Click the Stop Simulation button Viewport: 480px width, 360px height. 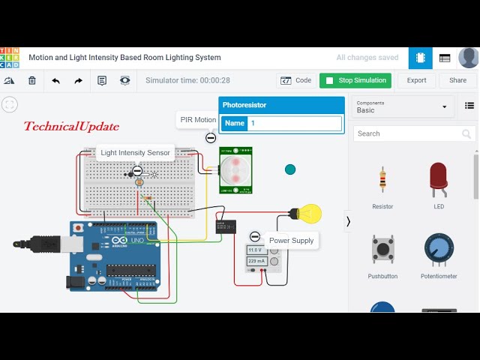[x=355, y=80]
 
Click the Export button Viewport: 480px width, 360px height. [x=416, y=80]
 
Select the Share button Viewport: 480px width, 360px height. [x=457, y=80]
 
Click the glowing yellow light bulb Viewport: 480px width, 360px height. [x=307, y=214]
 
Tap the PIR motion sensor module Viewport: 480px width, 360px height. [x=235, y=169]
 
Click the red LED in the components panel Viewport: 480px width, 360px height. [x=439, y=180]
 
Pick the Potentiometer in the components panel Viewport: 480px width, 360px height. [x=439, y=250]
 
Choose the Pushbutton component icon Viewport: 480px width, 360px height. [x=383, y=250]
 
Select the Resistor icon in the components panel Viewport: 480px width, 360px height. [x=383, y=180]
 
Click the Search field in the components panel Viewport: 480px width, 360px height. [x=409, y=133]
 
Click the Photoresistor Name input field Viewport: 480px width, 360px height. [x=294, y=123]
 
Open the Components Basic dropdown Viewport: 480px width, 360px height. [x=402, y=106]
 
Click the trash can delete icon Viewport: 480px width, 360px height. [x=31, y=80]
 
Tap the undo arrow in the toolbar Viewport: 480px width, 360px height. [x=55, y=80]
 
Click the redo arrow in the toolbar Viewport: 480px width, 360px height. [x=78, y=80]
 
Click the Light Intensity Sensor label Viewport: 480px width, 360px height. [x=136, y=153]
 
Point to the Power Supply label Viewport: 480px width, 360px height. [x=291, y=241]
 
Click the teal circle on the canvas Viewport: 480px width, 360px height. [x=290, y=169]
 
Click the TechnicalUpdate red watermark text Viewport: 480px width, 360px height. [x=71, y=127]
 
